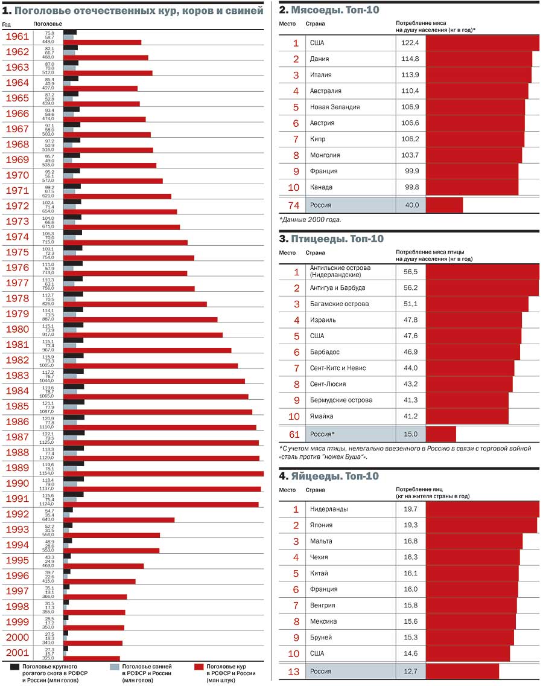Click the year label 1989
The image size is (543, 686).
17,468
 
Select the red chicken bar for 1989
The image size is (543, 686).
163,473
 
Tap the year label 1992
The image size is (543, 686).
17,514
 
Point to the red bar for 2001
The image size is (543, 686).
91,658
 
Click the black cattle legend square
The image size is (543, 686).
16,667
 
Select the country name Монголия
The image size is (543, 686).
325,155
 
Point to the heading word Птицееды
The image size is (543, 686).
319,239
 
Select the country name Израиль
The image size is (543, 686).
323,320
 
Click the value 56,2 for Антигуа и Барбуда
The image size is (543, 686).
410,288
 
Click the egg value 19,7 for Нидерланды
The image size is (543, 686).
410,509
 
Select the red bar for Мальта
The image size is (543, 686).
474,541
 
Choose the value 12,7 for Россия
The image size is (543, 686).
410,671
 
